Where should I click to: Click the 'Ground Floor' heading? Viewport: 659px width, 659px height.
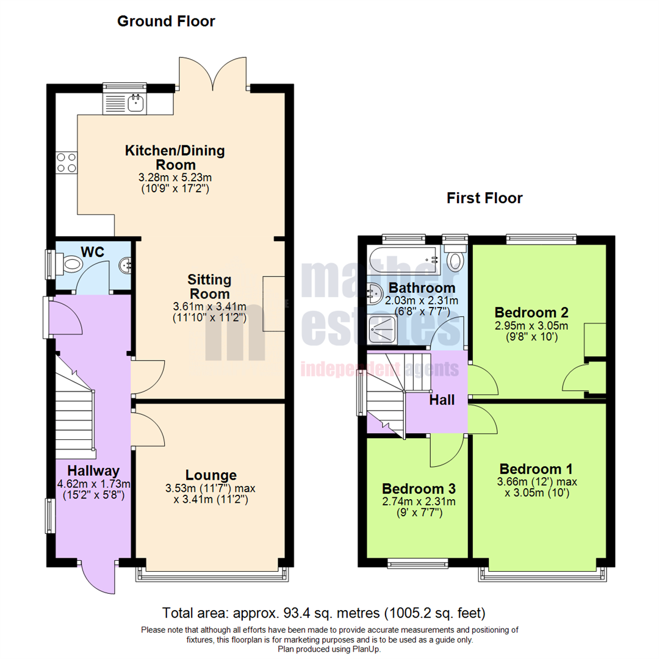coord(166,21)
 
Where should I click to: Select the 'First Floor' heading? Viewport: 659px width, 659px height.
coord(484,198)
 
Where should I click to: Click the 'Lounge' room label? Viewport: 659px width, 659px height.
coord(211,475)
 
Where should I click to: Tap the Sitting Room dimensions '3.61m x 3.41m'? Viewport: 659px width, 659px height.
coord(209,306)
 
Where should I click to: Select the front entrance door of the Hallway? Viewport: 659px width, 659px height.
coord(97,577)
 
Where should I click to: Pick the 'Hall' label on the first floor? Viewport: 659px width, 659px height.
coord(442,400)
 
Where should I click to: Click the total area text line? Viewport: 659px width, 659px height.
coord(323,612)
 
